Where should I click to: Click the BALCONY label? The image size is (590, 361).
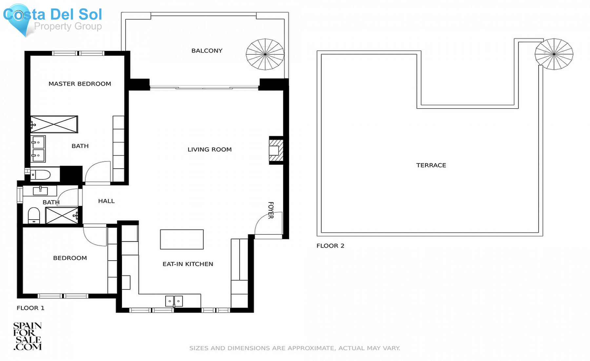207,51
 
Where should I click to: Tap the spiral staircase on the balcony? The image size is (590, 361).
265,54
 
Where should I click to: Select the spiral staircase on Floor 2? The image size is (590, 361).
554,54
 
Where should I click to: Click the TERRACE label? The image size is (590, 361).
431,165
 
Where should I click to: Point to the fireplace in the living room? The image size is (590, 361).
276,150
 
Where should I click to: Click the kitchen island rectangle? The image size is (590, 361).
182,239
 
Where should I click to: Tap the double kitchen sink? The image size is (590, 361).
174,301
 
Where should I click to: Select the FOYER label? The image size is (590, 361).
271,210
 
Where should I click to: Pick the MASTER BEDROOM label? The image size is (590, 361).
80,84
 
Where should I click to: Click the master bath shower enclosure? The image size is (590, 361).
54,124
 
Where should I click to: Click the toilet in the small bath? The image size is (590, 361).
34,216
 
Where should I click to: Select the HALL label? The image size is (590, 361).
106,201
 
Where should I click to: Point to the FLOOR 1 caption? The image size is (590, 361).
30,308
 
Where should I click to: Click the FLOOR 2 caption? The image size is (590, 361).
330,245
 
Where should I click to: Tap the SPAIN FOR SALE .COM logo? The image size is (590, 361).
28,336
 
